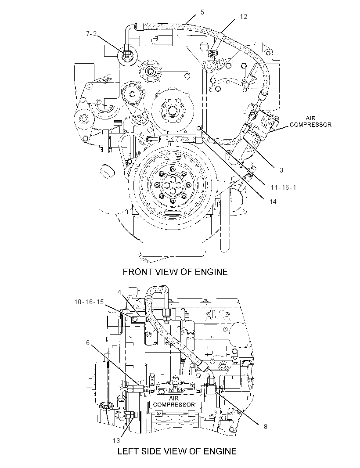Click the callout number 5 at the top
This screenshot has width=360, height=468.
202,12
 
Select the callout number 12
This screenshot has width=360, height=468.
244,17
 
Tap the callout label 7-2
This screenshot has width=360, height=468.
91,34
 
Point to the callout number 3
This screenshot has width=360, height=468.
281,170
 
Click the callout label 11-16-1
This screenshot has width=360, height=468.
283,187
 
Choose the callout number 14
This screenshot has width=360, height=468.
273,202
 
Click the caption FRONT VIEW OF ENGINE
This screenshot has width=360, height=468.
175,272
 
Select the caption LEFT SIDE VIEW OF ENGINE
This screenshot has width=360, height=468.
177,451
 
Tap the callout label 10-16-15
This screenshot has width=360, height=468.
89,302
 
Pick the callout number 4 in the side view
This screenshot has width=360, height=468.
119,292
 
